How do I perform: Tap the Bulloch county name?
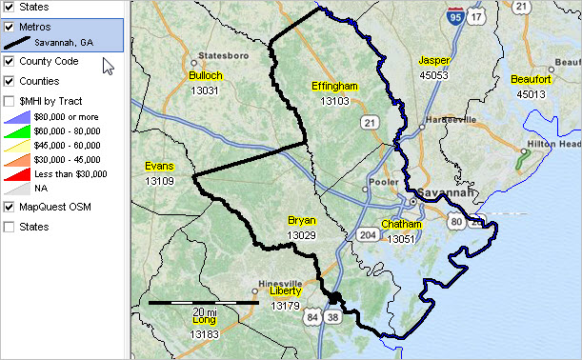pyautogui.click(x=206, y=75)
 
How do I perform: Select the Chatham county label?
pyautogui.click(x=401, y=226)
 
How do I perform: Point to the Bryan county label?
pyautogui.click(x=301, y=221)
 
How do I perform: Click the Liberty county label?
pyautogui.click(x=285, y=292)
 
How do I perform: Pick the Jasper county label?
pyautogui.click(x=433, y=61)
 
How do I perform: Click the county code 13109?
pyautogui.click(x=159, y=180)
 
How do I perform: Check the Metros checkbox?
pyautogui.click(x=10, y=28)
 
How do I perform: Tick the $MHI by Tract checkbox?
pyautogui.click(x=10, y=100)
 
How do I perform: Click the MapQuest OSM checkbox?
pyautogui.click(x=10, y=207)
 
